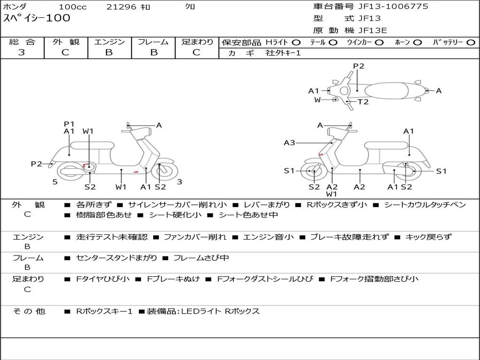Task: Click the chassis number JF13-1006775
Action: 393,7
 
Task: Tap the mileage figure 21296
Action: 121,7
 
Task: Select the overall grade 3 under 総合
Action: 22,52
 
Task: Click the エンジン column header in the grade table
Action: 109,42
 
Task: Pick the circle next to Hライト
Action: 296,43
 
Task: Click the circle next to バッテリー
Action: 471,43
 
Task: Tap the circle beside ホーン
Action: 418,43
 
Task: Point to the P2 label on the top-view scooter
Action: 359,66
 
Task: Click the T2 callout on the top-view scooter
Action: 363,102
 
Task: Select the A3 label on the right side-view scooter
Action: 289,142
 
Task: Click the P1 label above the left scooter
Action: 69,124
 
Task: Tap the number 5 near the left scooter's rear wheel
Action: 55,182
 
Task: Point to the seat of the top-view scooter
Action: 386,91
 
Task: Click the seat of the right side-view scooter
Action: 386,145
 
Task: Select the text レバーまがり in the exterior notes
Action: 265,204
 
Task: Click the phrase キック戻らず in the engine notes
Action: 428,237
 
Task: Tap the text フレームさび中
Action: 201,258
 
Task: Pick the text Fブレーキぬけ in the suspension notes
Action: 173,279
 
